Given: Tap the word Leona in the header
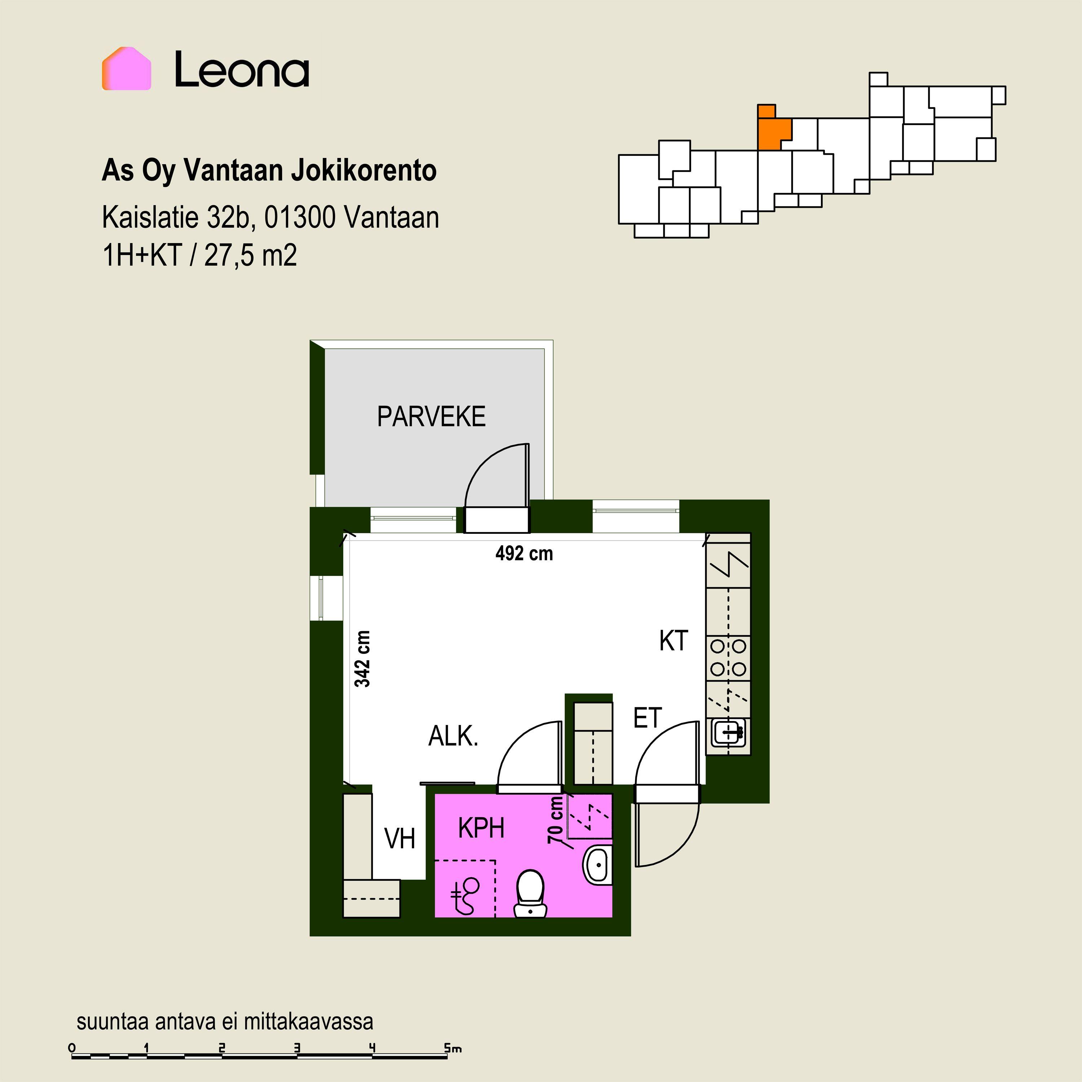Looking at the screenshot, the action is pos(242,70).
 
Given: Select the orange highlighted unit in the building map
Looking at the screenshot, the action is pos(773,129).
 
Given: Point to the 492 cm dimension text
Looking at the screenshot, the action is pos(524,554).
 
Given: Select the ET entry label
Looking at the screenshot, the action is pos(647,718).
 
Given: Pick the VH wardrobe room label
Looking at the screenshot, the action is pos(400,839).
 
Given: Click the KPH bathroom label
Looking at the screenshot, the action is pos(481,828).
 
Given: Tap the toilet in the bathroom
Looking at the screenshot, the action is pos(530,893).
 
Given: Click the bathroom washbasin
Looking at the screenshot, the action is pos(598,865).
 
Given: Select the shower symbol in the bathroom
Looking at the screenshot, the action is pos(465,895).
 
